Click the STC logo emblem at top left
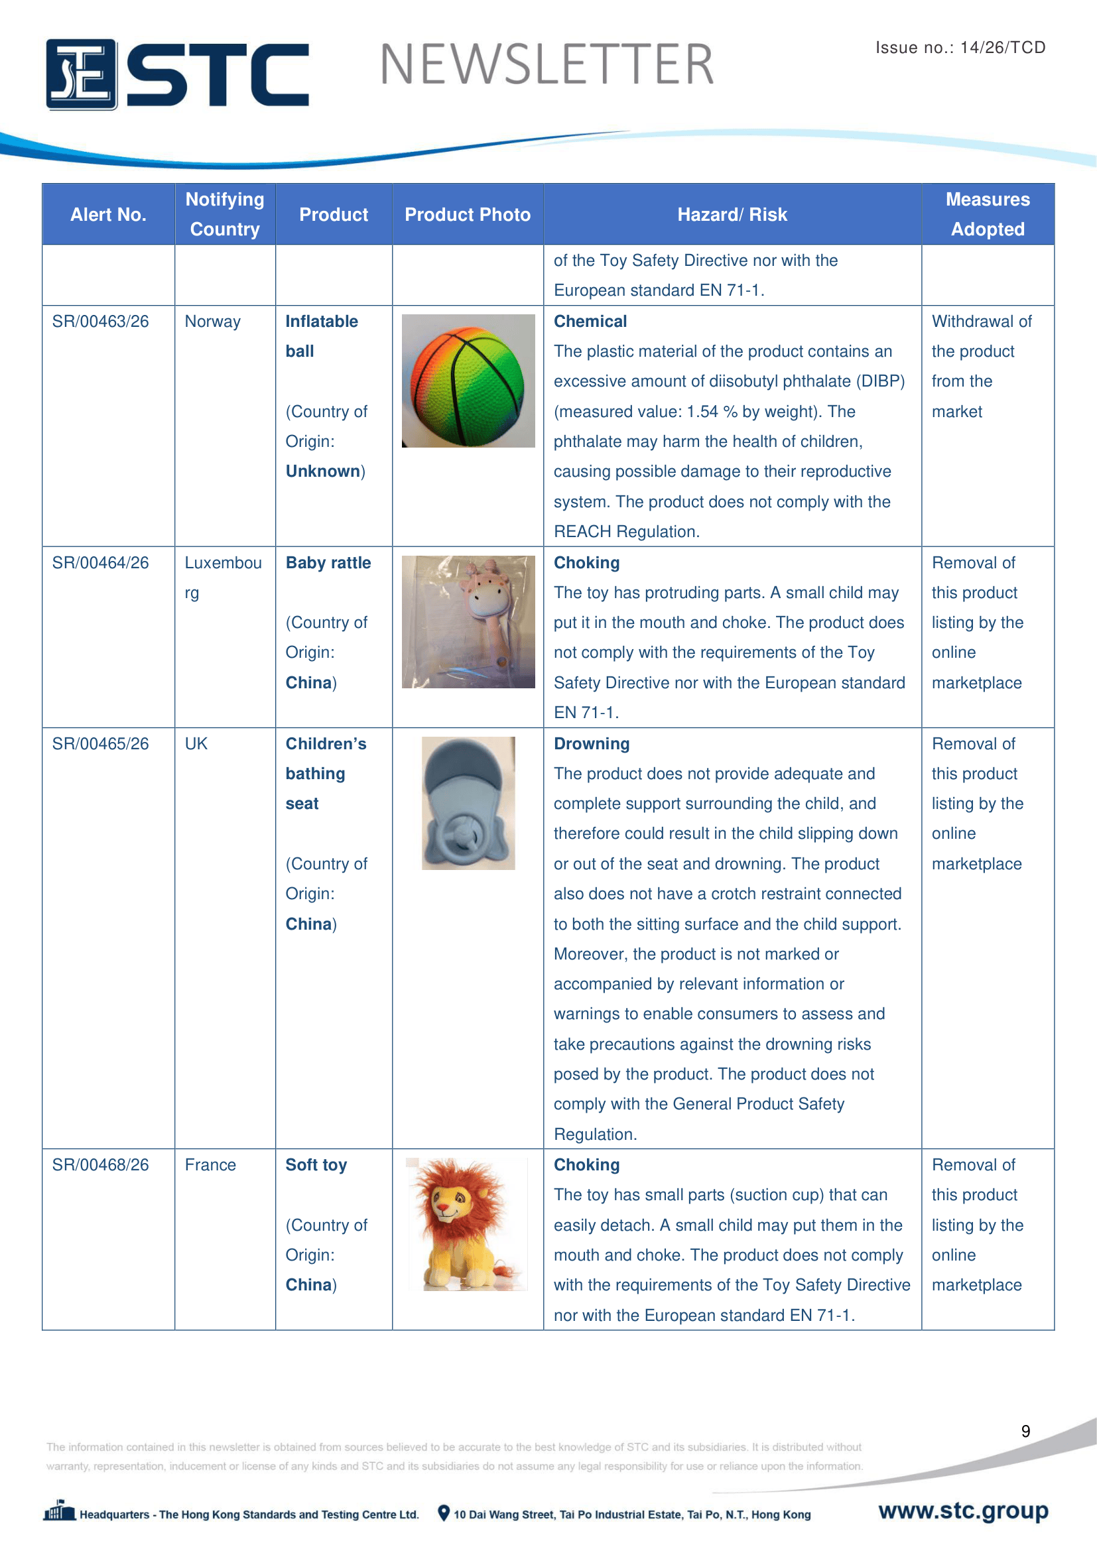coord(81,74)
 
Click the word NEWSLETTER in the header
coord(547,65)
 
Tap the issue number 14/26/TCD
coord(1002,47)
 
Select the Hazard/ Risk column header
coord(732,215)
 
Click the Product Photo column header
coord(468,215)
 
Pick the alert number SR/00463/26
coord(101,322)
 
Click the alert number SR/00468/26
coord(101,1164)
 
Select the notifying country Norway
coord(213,322)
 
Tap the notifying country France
coord(211,1164)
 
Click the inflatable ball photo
coord(468,381)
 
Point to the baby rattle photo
coord(468,621)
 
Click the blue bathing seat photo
coord(468,802)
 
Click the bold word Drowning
coord(592,744)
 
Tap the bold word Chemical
coord(590,322)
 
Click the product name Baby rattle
coord(328,563)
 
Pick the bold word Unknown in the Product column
coord(323,471)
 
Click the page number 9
coord(1025,1432)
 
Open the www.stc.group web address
coord(963,1511)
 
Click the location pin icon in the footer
coord(443,1513)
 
